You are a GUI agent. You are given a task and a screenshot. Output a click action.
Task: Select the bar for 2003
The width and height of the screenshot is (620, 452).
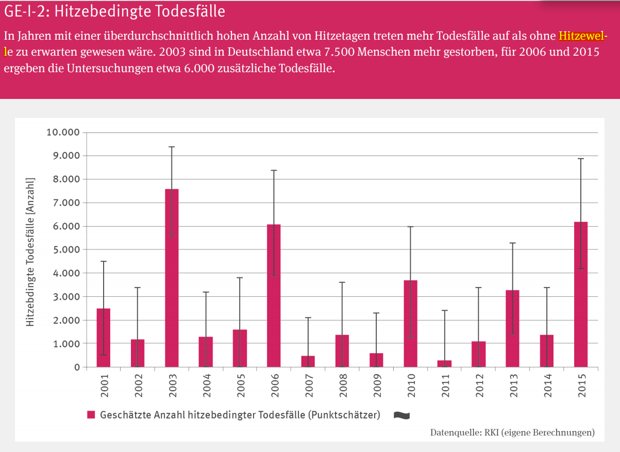(172, 278)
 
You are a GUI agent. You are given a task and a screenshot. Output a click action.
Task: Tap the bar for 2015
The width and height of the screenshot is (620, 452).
(581, 294)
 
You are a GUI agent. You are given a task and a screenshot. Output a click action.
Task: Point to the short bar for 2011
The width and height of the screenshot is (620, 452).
(444, 364)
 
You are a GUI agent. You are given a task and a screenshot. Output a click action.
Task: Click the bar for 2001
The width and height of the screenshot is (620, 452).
(104, 338)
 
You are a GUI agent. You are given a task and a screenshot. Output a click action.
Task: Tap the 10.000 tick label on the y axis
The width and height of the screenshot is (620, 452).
(63, 132)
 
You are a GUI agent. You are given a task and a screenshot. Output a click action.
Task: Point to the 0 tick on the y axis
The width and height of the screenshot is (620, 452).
(77, 367)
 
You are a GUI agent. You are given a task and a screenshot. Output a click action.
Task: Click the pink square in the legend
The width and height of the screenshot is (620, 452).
(91, 415)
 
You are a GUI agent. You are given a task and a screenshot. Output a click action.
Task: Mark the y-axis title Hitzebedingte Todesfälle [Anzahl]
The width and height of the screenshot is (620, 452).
(30, 252)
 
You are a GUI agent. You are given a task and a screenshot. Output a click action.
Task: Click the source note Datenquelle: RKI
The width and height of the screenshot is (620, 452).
(512, 432)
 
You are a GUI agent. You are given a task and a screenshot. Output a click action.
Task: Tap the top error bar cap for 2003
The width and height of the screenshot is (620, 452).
(172, 147)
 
